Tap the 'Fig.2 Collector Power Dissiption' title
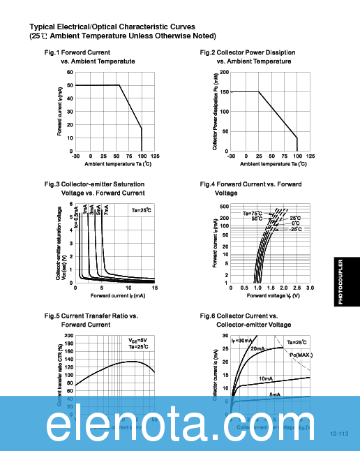coord(247,53)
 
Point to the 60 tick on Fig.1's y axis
coord(70,73)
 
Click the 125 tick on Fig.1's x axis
coord(155,156)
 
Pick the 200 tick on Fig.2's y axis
coord(224,73)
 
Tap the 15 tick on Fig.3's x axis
coord(154,287)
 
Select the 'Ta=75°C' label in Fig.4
coord(253,213)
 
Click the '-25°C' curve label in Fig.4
coord(295,229)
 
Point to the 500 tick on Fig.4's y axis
coord(224,207)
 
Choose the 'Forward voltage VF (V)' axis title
coord(273,295)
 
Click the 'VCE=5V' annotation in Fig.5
coord(137,340)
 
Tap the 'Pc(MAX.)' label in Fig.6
coord(301,355)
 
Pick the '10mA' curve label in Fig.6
coord(285,378)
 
